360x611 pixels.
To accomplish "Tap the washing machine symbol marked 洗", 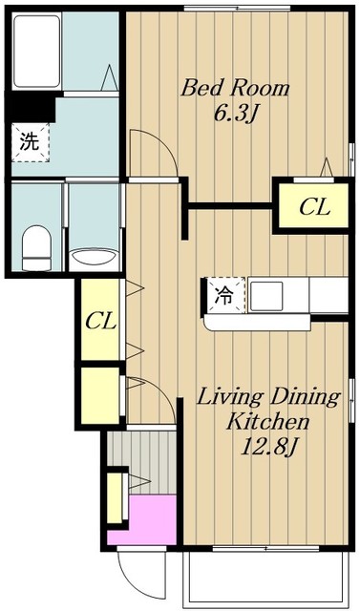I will (30, 142).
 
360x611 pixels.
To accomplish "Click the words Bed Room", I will (236, 88).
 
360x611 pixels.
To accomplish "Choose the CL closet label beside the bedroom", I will (313, 206).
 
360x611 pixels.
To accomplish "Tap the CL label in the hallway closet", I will (99, 321).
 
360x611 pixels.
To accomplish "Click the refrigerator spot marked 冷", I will (224, 295).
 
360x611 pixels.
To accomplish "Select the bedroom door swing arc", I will (151, 153).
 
